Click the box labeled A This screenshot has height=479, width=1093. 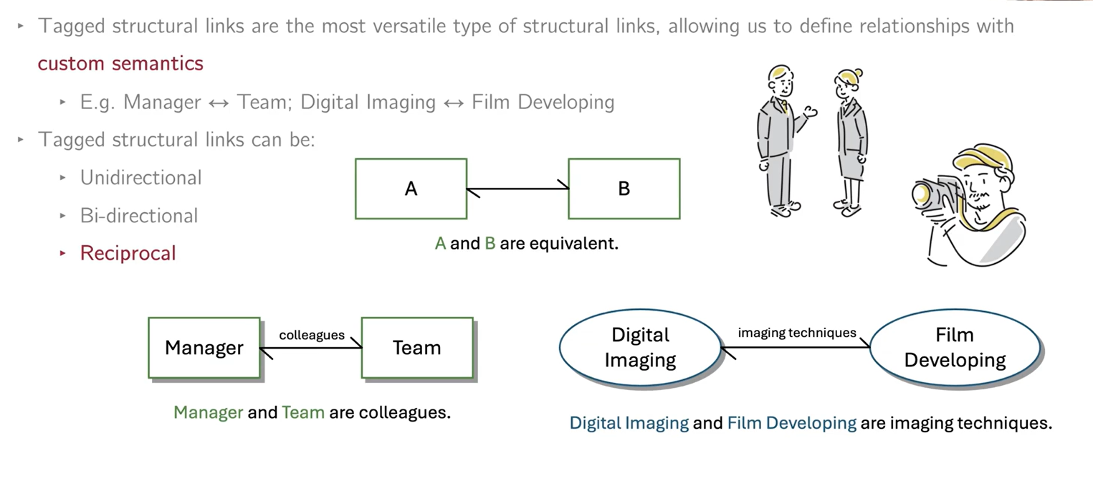click(x=411, y=189)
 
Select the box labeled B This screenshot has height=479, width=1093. click(x=624, y=189)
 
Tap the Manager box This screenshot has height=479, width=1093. click(x=204, y=348)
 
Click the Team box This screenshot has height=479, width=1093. click(x=416, y=348)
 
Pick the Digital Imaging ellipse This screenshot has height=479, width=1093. click(x=640, y=347)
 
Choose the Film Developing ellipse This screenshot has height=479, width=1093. click(x=955, y=347)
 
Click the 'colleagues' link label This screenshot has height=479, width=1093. click(x=312, y=335)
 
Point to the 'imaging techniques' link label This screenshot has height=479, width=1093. click(x=797, y=333)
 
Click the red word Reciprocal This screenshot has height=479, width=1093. click(x=128, y=253)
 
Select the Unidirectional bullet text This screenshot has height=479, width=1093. click(x=140, y=178)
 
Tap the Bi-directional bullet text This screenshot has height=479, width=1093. click(x=138, y=216)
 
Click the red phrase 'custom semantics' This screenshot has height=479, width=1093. click(x=120, y=63)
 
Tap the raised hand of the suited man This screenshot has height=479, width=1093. click(x=811, y=112)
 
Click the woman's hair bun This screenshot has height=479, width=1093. click(x=858, y=72)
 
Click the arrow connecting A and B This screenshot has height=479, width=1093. click(x=517, y=189)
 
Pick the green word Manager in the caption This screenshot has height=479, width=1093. click(x=209, y=413)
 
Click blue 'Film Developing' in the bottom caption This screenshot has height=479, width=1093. click(x=791, y=423)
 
